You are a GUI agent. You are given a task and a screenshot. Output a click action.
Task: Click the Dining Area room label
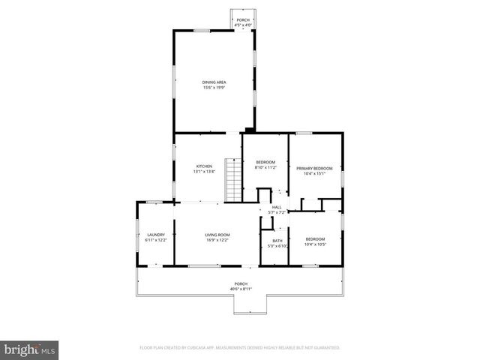tap(214, 82)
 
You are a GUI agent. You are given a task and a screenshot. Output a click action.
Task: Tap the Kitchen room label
tap(204, 166)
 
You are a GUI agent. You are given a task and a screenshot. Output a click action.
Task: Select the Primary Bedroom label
tap(313, 168)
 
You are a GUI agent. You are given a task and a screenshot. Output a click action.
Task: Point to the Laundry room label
tap(155, 235)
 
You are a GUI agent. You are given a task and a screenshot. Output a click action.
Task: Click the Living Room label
tap(217, 235)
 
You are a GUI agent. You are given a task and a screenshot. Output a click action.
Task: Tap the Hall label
tap(277, 207)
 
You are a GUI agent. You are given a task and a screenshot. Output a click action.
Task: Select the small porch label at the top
tap(243, 19)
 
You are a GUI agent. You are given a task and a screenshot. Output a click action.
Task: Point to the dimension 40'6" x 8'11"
tap(241, 289)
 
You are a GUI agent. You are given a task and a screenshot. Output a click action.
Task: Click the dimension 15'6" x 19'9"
tap(214, 88)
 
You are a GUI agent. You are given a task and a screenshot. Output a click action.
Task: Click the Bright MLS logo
tap(30, 349)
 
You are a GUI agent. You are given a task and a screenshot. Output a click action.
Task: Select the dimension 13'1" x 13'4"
tap(204, 172)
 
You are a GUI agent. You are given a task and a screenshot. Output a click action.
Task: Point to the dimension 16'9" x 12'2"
tap(217, 240)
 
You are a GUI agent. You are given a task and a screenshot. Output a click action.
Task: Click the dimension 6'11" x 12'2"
tap(155, 240)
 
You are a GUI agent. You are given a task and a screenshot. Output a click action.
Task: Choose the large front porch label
tap(241, 283)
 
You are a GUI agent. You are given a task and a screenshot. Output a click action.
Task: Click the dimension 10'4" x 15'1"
tap(313, 173)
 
